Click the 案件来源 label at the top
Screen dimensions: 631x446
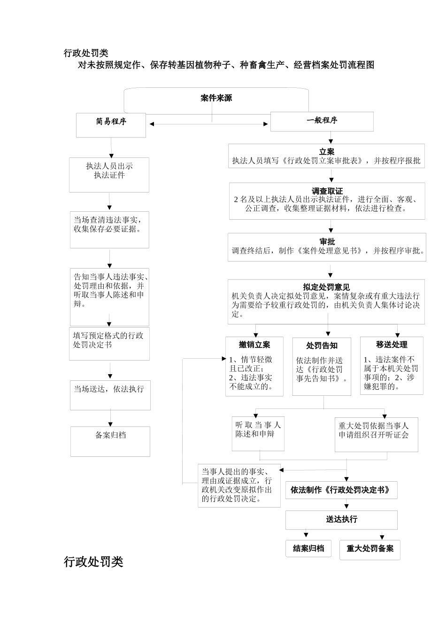(216, 98)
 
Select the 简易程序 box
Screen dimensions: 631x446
(111, 122)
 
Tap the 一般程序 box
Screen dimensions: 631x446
(322, 121)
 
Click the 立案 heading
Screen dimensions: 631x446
(327, 152)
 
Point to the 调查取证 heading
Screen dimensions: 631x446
(327, 191)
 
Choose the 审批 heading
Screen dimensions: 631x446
(327, 241)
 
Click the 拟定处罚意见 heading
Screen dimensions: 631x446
(326, 287)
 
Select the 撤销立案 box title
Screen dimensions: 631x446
(254, 345)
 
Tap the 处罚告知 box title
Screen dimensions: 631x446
(322, 346)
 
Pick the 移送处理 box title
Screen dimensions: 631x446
(392, 345)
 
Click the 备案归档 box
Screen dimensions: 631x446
(110, 436)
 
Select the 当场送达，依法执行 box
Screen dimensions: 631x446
(110, 390)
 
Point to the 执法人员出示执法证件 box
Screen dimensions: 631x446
(109, 171)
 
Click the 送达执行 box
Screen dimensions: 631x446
(341, 519)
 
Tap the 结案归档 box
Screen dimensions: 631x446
(308, 548)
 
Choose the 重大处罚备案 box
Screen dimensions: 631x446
(370, 548)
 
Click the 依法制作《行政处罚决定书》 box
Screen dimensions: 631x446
(341, 490)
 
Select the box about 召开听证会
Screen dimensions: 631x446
(376, 431)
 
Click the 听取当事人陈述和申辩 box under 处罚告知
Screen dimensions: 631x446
(258, 430)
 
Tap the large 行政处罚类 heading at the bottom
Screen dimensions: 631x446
(93, 562)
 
